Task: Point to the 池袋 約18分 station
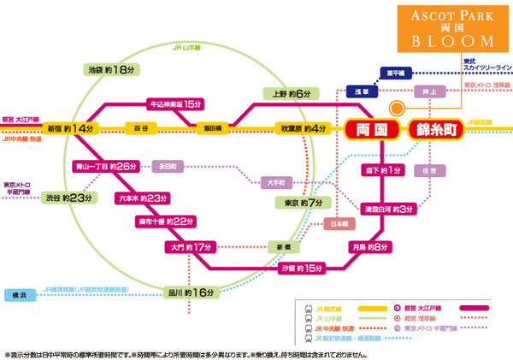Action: (112, 69)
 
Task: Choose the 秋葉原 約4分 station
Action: (303, 128)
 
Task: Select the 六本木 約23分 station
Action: (141, 198)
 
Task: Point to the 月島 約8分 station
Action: (369, 247)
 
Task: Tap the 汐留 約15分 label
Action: (304, 268)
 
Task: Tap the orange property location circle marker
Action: (396, 107)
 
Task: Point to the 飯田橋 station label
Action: (212, 128)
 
